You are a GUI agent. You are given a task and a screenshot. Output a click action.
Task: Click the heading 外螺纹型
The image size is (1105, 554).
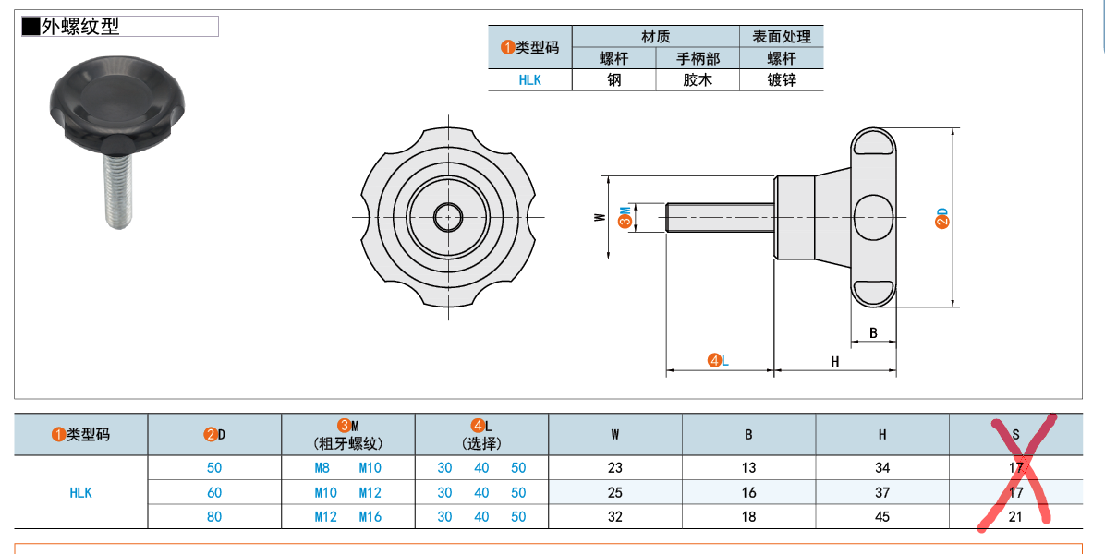pos(80,27)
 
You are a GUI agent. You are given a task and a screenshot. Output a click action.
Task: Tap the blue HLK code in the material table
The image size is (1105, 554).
pos(530,79)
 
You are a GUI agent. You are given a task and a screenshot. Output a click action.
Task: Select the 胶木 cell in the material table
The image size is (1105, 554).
pos(698,79)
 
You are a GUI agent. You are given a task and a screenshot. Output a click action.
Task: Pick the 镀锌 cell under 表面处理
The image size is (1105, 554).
pos(782,79)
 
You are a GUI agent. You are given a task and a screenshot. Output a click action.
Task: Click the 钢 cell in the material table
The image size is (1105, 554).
pos(614,79)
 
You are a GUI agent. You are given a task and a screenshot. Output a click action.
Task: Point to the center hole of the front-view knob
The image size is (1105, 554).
pos(448,216)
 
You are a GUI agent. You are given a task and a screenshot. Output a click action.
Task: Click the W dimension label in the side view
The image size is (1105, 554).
pos(600,218)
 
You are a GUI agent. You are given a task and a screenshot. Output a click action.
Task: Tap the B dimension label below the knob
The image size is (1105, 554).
pos(873,333)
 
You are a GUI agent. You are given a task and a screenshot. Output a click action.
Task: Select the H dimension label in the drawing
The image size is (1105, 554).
pos(835,361)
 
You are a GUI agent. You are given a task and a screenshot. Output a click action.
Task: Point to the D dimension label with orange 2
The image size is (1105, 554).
pos(942,218)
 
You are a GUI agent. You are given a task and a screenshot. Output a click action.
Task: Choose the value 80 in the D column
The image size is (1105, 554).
pos(214,517)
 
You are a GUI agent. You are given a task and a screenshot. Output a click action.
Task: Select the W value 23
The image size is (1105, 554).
pos(615,467)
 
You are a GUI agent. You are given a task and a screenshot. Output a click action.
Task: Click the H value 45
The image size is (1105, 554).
pos(882,517)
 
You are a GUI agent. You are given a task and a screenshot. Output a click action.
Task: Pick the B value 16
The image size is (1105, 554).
pos(749,492)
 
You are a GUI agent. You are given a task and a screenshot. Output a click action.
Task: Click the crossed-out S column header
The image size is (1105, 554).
pos(1016,434)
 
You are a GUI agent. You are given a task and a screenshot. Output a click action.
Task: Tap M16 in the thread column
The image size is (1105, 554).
pos(370,517)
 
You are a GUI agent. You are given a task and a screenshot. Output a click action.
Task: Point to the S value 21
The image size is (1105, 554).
pos(1016,517)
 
